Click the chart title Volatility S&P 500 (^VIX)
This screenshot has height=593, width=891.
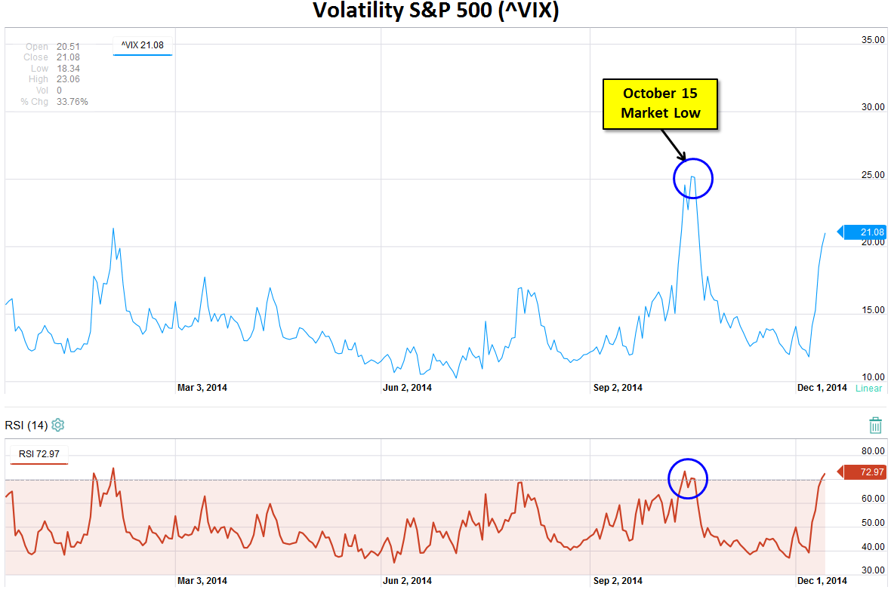[x=436, y=11]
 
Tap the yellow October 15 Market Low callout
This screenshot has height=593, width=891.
[x=660, y=103]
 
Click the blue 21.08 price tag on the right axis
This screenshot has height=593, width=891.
[x=864, y=232]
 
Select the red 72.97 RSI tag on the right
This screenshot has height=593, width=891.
[x=865, y=472]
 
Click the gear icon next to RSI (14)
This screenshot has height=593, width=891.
[x=58, y=425]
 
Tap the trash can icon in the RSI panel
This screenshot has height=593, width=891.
[x=875, y=425]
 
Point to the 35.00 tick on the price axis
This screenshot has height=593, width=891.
[x=872, y=40]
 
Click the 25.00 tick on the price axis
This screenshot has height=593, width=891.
[x=872, y=175]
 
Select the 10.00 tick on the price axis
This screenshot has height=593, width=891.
[x=872, y=377]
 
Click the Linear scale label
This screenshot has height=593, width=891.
[x=868, y=389]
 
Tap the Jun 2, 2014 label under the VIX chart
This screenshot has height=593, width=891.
[x=408, y=388]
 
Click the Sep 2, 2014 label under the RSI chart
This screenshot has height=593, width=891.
[x=618, y=581]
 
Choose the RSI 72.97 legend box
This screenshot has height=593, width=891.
[x=39, y=454]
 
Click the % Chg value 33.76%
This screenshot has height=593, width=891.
[x=72, y=101]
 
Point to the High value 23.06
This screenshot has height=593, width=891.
[x=69, y=79]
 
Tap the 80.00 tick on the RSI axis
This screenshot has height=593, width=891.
[x=872, y=451]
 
